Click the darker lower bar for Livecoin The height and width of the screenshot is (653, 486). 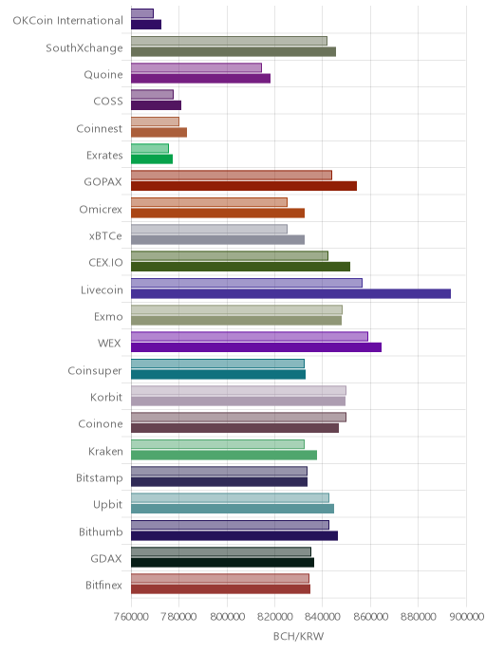(x=290, y=293)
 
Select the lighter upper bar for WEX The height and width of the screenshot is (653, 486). (x=250, y=337)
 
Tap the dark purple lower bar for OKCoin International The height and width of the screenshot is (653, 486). (x=146, y=25)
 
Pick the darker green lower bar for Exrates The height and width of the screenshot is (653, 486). (x=152, y=159)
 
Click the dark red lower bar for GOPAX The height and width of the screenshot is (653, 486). (x=244, y=186)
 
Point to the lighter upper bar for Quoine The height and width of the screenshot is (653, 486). (x=196, y=67)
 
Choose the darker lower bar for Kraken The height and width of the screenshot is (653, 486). (x=224, y=455)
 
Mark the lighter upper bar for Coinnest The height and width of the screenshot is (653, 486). (x=155, y=121)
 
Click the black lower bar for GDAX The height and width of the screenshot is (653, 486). (x=223, y=563)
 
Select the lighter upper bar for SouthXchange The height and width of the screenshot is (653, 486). (x=229, y=41)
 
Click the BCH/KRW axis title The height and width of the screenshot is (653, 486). (x=299, y=636)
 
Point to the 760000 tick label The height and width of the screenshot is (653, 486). (x=131, y=616)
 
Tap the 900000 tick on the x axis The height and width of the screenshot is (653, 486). (x=466, y=616)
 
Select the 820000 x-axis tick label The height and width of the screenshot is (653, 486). (x=275, y=616)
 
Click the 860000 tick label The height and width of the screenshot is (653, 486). (x=370, y=616)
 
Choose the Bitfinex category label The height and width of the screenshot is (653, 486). (x=103, y=585)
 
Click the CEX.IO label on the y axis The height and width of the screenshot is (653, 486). (x=105, y=262)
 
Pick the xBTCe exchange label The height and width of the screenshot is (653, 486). (x=105, y=235)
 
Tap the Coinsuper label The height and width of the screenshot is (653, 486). (x=95, y=371)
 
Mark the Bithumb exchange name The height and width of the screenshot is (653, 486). (x=101, y=532)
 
